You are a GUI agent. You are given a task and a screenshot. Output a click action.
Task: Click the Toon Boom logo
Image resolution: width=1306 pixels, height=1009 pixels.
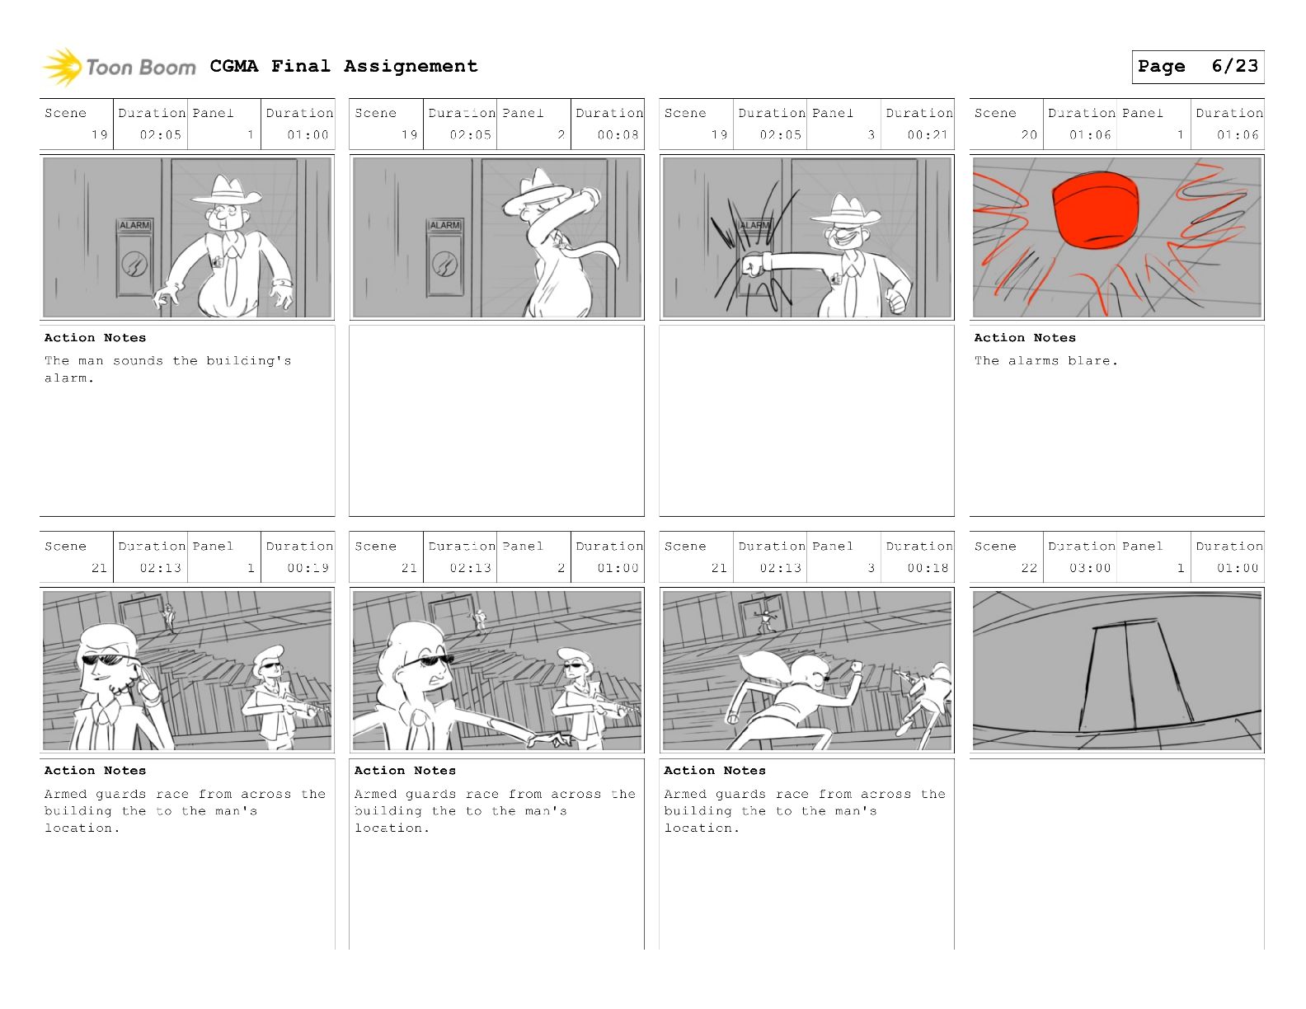119,67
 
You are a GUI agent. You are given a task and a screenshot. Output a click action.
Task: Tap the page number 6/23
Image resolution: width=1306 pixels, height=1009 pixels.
1234,66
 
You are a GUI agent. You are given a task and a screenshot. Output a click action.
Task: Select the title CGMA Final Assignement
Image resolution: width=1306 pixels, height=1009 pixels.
344,66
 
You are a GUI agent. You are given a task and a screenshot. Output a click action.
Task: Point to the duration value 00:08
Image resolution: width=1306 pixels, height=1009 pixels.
618,135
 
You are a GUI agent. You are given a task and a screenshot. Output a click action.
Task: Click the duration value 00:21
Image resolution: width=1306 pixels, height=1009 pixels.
928,135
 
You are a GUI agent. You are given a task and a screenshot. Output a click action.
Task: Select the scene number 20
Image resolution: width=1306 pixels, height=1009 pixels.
1029,135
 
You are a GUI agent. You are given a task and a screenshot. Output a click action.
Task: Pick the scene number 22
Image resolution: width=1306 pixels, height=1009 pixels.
1029,568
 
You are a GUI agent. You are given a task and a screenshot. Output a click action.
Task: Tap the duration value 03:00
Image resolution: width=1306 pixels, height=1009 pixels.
1090,568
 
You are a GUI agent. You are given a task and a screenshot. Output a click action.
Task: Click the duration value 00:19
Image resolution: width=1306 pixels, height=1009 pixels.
308,568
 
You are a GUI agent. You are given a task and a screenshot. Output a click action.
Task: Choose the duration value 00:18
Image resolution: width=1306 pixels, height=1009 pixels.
928,568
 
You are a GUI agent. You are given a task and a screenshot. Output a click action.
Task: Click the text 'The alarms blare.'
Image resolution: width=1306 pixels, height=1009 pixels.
1045,360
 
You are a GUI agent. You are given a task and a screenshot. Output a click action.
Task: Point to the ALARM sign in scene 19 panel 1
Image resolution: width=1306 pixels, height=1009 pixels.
134,225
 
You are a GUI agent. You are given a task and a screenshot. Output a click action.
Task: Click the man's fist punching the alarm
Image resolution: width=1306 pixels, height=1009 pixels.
754,265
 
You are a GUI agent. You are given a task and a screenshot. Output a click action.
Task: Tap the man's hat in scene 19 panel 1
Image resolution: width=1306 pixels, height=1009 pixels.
227,190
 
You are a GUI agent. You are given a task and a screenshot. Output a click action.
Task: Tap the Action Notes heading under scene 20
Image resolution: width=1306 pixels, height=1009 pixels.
1025,338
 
